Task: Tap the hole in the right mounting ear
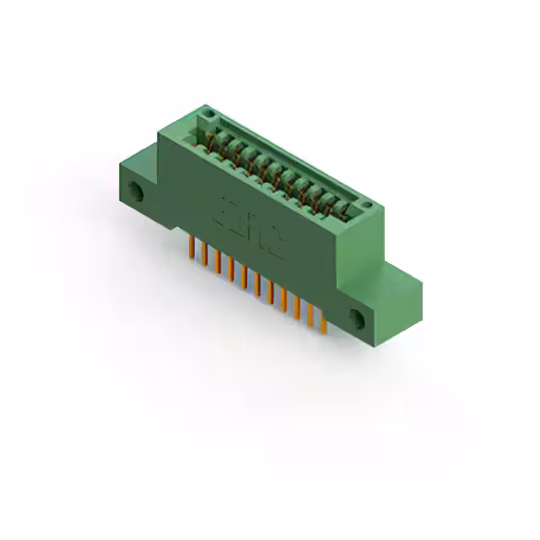(x=357, y=320)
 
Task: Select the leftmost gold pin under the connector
(x=192, y=247)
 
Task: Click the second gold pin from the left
(x=205, y=254)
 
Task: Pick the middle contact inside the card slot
(x=274, y=170)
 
